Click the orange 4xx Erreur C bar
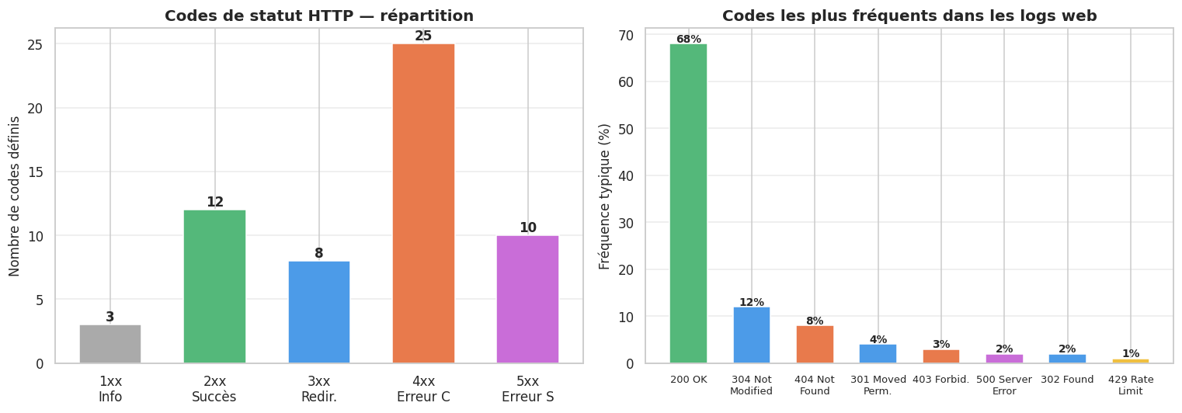423,203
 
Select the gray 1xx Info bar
110,344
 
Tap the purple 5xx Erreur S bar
527,299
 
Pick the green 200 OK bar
688,203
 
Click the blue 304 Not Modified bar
751,335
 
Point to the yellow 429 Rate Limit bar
1130,361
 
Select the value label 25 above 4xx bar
423,36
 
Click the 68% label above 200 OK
688,39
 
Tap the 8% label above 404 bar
815,321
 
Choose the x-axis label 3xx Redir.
318,389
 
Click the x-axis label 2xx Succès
214,389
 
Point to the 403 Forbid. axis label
940,380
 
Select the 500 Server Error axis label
1004,385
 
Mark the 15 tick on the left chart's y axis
37,172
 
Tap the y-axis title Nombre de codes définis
16,196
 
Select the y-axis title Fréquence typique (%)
605,196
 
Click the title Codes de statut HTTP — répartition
319,16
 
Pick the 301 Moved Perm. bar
878,354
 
